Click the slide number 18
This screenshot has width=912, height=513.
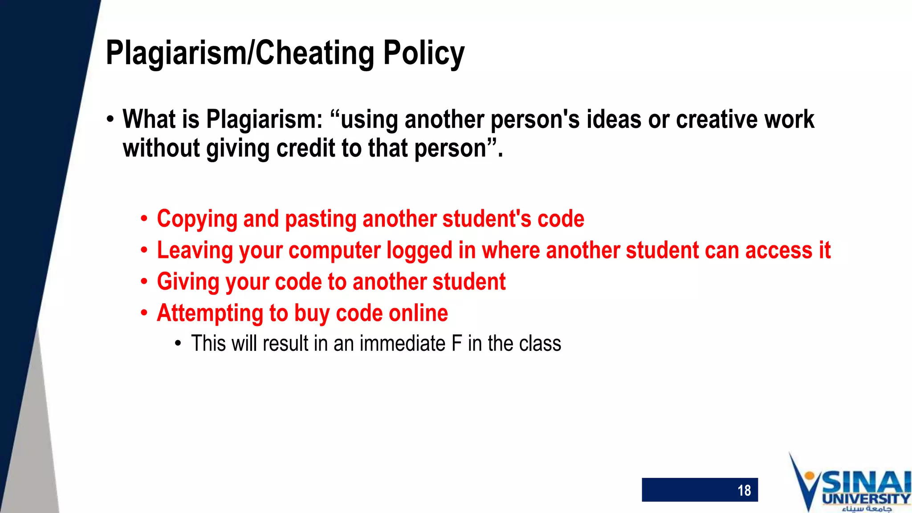744,490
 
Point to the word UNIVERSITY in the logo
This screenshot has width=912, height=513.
866,499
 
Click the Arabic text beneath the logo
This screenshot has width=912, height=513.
866,509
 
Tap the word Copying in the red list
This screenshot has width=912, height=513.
197,219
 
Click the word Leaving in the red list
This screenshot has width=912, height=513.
195,250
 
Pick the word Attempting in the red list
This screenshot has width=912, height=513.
210,313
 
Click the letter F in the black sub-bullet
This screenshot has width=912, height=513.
456,344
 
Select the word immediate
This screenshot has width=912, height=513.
403,344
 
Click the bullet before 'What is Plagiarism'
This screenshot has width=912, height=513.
110,120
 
